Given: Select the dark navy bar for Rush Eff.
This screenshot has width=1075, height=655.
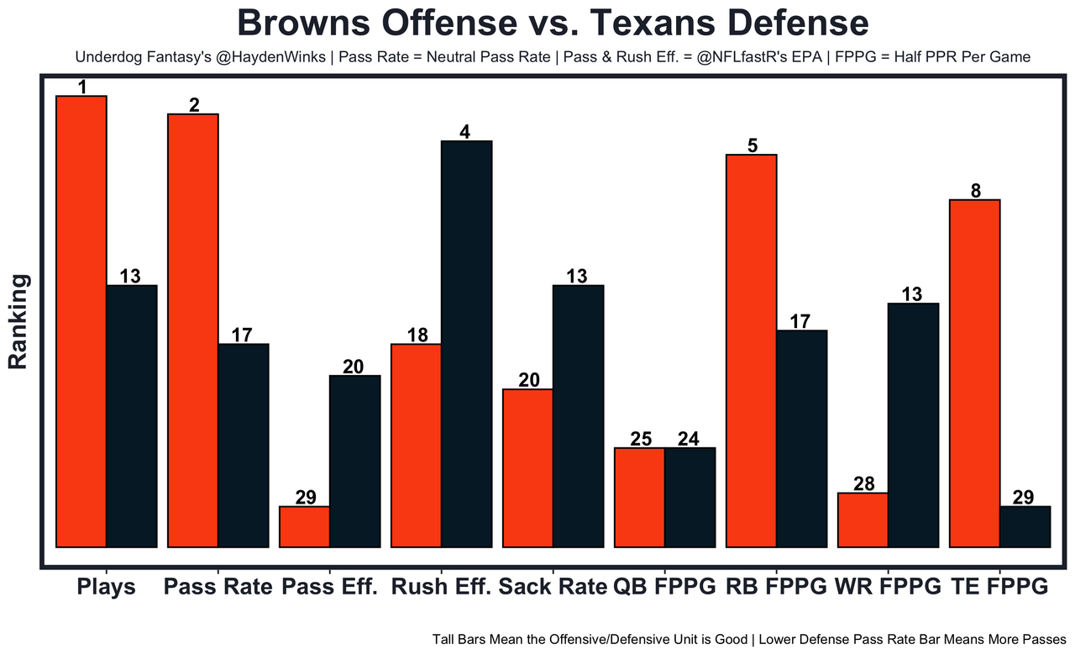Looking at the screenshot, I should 467,344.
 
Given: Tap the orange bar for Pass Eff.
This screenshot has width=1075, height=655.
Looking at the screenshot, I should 305,526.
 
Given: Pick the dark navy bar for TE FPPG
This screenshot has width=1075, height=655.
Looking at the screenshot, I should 1025,526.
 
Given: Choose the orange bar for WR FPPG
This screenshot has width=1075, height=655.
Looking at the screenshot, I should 863,520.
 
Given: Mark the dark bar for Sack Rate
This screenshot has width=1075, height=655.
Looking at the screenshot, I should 578,416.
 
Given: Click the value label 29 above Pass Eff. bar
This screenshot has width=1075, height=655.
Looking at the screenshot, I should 306,497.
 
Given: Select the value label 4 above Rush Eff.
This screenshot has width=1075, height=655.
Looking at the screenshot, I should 465,132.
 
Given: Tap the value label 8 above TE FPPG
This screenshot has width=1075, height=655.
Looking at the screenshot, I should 975,191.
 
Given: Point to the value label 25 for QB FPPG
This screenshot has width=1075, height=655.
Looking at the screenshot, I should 641,439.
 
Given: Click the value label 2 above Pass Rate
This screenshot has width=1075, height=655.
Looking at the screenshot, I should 194,105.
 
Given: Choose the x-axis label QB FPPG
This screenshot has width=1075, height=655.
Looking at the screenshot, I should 664,587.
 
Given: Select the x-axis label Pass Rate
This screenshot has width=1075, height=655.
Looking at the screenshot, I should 218,587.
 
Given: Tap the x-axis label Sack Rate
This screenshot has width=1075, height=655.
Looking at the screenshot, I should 552,587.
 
